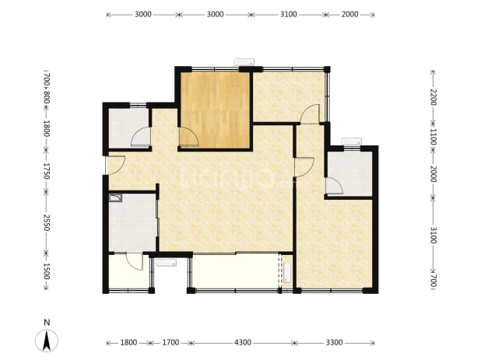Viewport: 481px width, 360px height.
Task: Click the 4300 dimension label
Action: [x=243, y=342]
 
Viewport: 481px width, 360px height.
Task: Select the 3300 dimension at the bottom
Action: [x=334, y=342]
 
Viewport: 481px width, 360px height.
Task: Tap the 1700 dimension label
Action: [x=170, y=342]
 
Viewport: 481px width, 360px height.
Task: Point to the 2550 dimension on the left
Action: [x=47, y=222]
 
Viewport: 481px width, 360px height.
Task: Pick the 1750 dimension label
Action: [x=47, y=171]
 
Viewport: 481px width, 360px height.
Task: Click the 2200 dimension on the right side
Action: [x=433, y=97]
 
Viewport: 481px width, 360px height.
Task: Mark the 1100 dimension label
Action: [x=433, y=137]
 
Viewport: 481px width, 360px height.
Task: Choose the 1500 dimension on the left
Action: [x=47, y=271]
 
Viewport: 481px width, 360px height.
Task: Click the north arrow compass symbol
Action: [x=47, y=341]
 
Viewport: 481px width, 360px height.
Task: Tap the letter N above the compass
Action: [x=47, y=323]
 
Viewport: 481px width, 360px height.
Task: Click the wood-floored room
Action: [x=215, y=110]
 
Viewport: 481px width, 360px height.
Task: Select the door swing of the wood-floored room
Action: [x=188, y=136]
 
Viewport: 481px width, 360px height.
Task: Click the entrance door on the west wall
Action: [x=115, y=166]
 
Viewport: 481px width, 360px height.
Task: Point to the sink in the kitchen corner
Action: [x=116, y=198]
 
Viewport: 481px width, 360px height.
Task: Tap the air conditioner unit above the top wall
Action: [x=244, y=61]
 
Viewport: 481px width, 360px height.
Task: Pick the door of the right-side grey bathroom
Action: [x=334, y=187]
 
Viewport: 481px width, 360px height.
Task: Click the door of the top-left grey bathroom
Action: [x=141, y=137]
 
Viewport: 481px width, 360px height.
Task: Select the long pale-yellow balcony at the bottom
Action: [x=235, y=271]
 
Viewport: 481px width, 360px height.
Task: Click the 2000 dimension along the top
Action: [x=349, y=14]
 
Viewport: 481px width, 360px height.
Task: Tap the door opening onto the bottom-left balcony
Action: [x=135, y=262]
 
